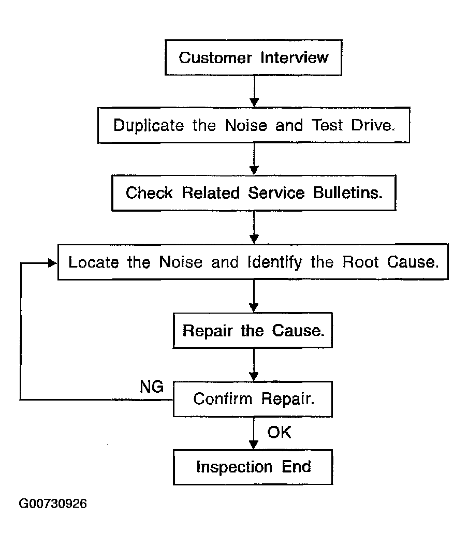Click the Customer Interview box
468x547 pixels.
point(253,57)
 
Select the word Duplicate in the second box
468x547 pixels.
point(149,126)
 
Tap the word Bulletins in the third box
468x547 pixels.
point(348,193)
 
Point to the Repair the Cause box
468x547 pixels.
point(253,330)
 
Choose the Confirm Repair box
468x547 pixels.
point(253,399)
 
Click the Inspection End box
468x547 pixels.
point(253,467)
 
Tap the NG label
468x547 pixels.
point(152,387)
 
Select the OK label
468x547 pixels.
point(279,432)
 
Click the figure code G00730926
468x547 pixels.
point(53,504)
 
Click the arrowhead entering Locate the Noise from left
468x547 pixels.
point(52,263)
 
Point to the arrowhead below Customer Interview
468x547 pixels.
point(254,102)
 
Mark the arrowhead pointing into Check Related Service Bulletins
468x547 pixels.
point(254,170)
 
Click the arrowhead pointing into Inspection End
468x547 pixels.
point(254,445)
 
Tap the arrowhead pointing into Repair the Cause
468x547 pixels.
point(254,307)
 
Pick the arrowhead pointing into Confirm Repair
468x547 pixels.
point(254,376)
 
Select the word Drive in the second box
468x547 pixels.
point(373,125)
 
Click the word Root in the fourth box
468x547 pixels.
point(360,262)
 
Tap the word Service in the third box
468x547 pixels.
point(276,193)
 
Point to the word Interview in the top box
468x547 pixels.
point(295,57)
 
